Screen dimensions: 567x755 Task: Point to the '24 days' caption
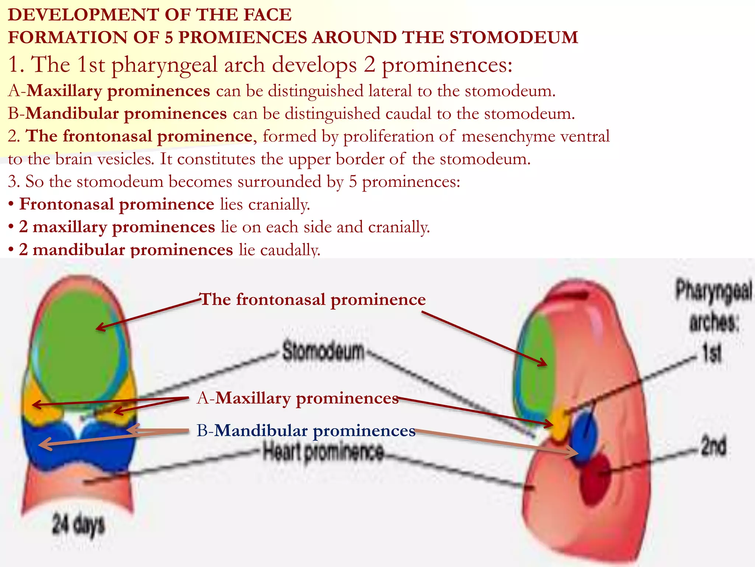tap(78, 525)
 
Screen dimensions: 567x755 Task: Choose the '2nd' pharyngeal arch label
tap(713, 446)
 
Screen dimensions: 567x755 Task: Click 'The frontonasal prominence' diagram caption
tap(313, 299)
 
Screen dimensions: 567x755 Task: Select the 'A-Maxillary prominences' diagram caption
tap(298, 398)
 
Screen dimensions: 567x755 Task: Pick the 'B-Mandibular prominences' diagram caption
tap(306, 431)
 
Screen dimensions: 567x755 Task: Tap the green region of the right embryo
tap(536, 369)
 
